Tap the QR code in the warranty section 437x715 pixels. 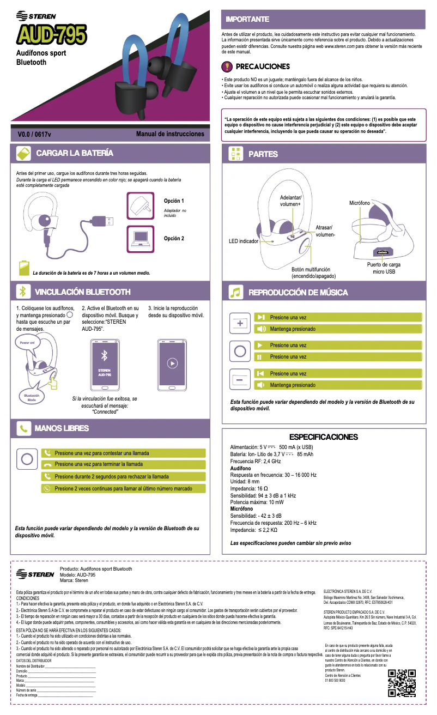click(x=402, y=683)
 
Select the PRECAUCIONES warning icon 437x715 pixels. click(x=227, y=66)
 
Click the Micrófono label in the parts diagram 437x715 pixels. click(x=360, y=203)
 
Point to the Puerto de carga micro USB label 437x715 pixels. click(x=381, y=268)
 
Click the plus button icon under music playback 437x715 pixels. click(x=240, y=323)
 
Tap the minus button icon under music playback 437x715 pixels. click(x=240, y=379)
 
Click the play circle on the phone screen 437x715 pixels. click(x=172, y=363)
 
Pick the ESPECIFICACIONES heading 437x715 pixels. click(x=323, y=437)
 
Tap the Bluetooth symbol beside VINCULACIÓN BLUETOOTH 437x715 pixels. click(x=23, y=292)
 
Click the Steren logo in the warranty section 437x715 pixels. click(x=35, y=574)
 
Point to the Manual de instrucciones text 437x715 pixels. click(x=170, y=134)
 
